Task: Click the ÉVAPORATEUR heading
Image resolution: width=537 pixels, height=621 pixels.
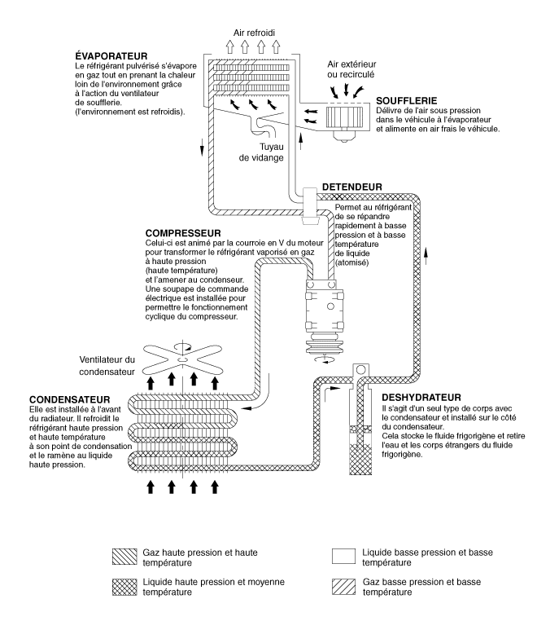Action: [x=111, y=56]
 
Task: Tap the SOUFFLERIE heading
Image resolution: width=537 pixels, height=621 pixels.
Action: [x=406, y=101]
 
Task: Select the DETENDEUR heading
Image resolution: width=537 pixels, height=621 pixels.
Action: [x=352, y=187]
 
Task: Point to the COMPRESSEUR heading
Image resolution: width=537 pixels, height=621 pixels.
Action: [x=183, y=233]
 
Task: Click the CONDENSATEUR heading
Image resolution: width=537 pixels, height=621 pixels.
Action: [x=70, y=399]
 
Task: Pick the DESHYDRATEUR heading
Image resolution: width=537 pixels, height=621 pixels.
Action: [x=421, y=397]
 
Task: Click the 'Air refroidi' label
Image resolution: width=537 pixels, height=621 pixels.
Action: [x=254, y=33]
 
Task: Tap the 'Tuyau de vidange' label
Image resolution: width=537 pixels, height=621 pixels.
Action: [x=261, y=152]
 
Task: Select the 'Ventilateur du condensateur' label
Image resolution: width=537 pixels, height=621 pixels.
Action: [x=107, y=366]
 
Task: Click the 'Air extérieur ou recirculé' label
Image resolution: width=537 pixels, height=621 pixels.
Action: [x=351, y=69]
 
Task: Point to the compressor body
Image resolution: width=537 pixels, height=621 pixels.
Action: [x=325, y=307]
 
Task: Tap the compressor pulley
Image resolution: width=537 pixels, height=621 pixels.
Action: [x=325, y=345]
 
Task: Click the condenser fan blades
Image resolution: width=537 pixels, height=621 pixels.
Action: [x=182, y=359]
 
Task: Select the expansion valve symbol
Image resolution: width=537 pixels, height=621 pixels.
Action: [x=310, y=206]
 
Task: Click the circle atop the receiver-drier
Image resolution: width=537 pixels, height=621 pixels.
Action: [x=360, y=370]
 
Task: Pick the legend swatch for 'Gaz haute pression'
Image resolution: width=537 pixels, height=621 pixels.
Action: [x=124, y=557]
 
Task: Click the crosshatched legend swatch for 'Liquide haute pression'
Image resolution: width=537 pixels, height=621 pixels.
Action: [x=124, y=587]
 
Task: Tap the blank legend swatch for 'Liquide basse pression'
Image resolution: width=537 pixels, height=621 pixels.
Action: [x=343, y=556]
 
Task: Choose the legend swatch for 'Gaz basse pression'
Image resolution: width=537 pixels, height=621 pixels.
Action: [x=343, y=587]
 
